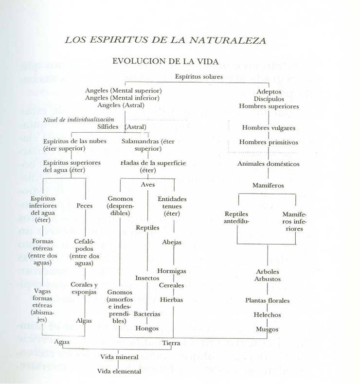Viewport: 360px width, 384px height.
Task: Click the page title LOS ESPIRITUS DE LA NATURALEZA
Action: [165, 40]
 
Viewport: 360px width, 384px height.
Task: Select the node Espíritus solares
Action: [199, 76]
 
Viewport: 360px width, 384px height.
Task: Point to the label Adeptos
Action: [269, 91]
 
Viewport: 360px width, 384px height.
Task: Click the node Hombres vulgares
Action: [269, 128]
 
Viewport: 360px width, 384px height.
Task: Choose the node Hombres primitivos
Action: [269, 142]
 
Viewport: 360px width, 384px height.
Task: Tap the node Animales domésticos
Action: [268, 164]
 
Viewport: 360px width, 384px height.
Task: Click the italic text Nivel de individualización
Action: [79, 120]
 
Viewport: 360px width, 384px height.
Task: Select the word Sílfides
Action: [108, 127]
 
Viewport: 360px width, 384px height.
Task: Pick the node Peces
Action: [85, 206]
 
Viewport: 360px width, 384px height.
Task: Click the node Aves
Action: [147, 185]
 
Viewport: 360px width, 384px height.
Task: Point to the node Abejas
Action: [173, 242]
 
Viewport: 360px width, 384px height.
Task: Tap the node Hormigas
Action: [172, 271]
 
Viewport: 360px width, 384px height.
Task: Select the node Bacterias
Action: [147, 314]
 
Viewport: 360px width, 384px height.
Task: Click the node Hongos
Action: [147, 329]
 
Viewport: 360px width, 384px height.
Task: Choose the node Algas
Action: [84, 321]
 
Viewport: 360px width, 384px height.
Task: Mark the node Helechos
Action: [267, 315]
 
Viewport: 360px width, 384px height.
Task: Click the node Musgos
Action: [267, 330]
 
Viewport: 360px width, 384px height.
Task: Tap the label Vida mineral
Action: [119, 357]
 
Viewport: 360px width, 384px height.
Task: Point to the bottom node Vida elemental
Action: [119, 372]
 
